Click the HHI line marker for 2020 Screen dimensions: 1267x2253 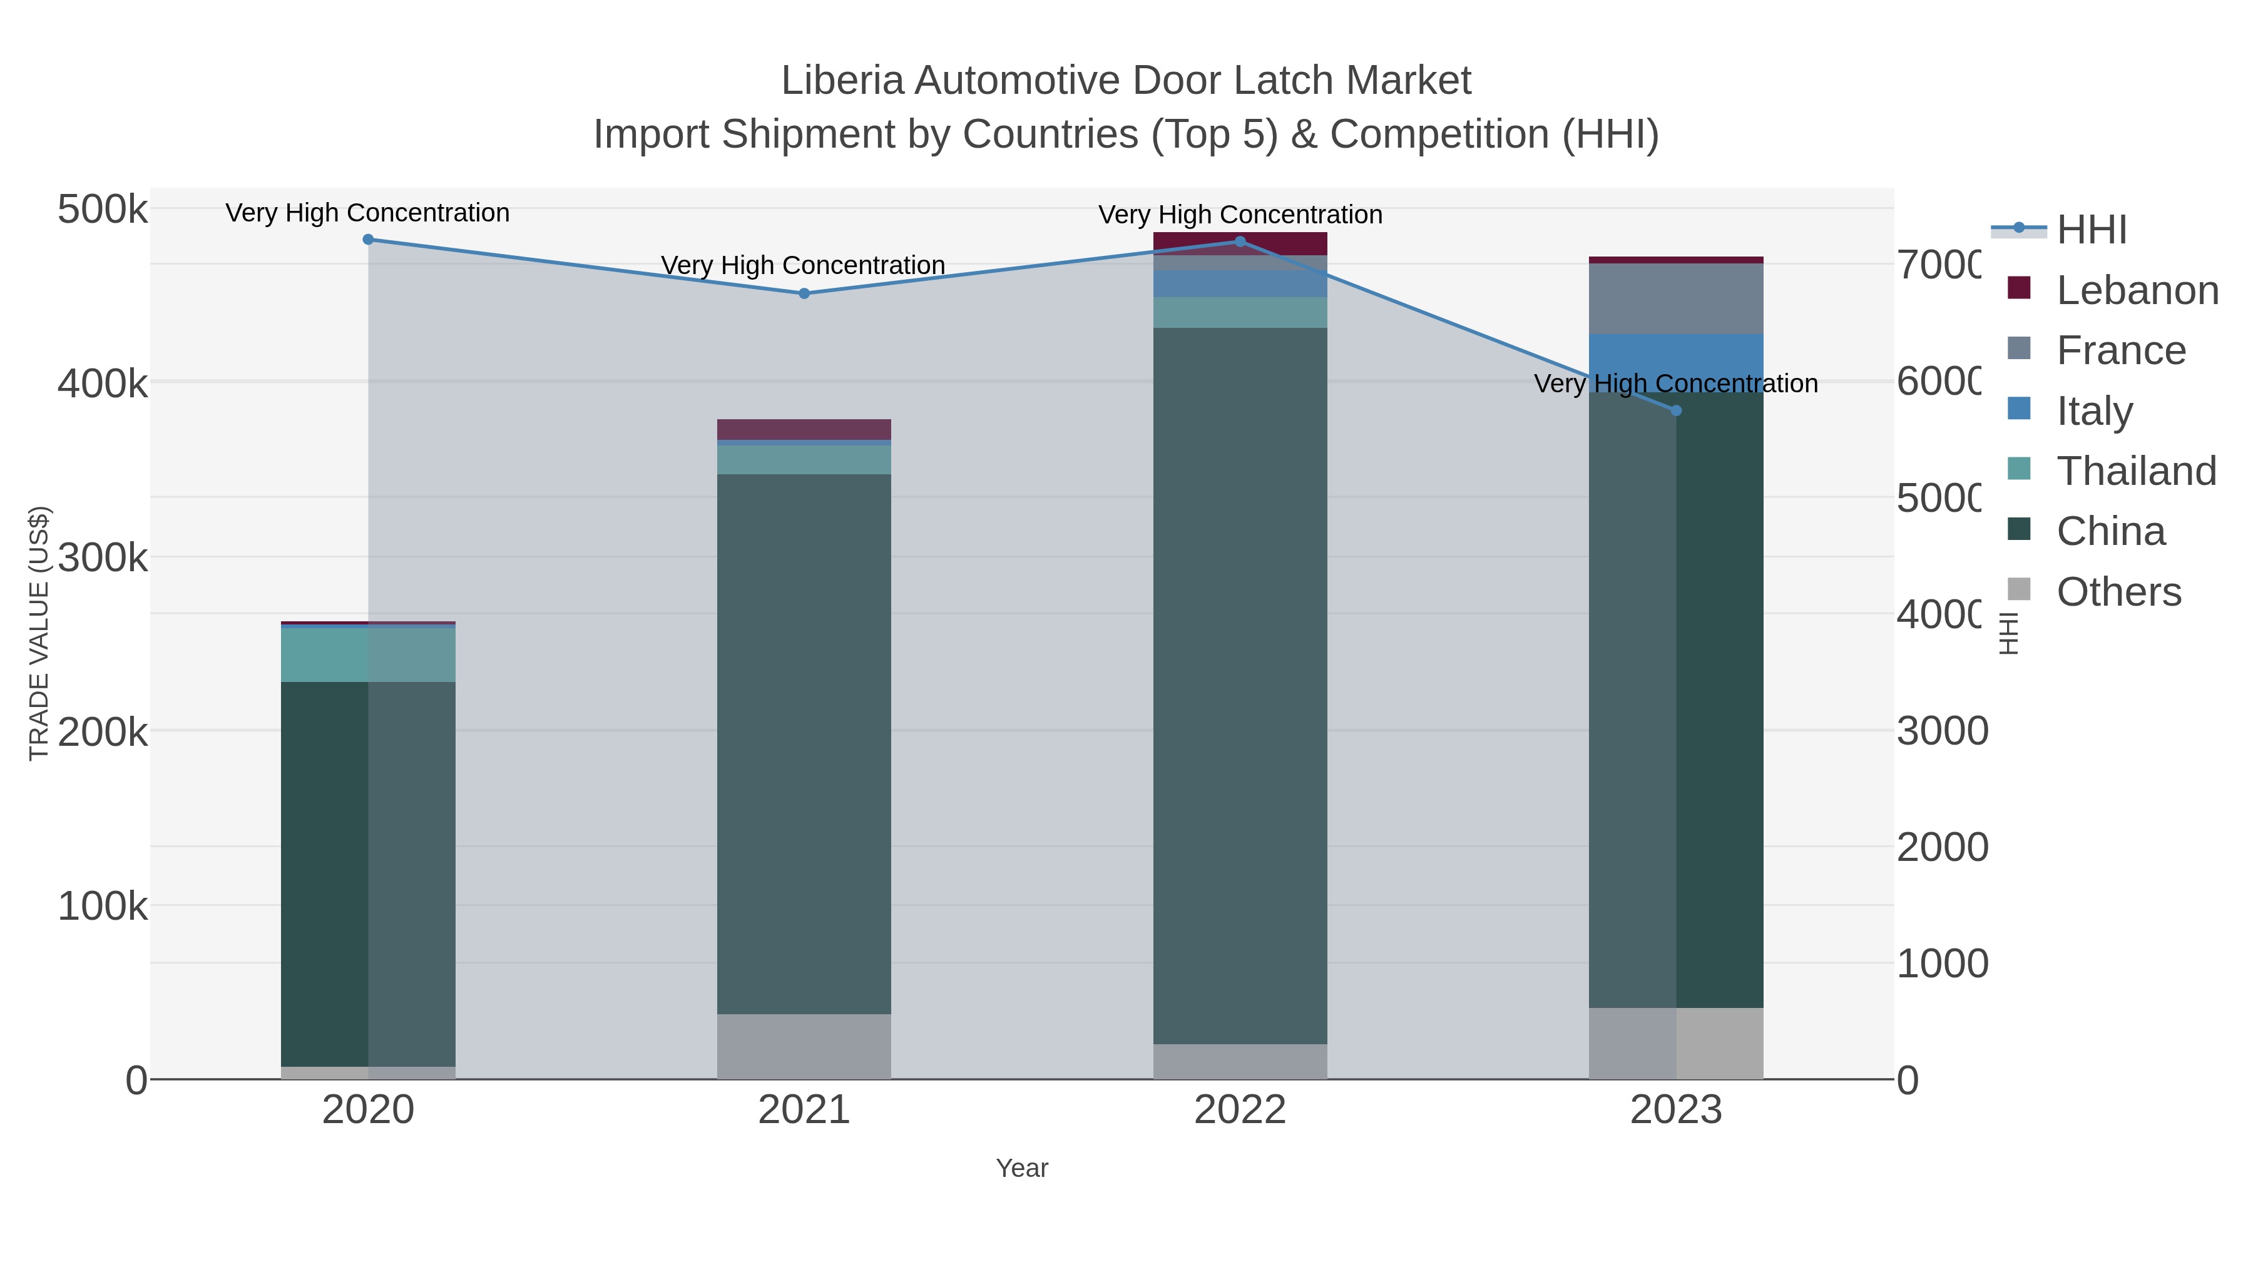368,240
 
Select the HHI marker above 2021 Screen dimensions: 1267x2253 804,294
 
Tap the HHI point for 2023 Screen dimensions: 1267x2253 1676,410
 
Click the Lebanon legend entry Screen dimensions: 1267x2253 2137,290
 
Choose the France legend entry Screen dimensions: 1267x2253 2121,350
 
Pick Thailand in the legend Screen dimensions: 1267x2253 2136,471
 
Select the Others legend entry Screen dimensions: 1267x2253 2118,592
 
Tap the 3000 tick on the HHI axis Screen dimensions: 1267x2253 1941,731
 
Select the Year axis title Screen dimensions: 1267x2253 1021,1168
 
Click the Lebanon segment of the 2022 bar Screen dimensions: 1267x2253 1239,244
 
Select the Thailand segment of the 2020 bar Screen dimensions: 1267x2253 368,655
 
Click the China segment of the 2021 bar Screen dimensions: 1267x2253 804,743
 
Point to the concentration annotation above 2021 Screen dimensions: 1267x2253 803,265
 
